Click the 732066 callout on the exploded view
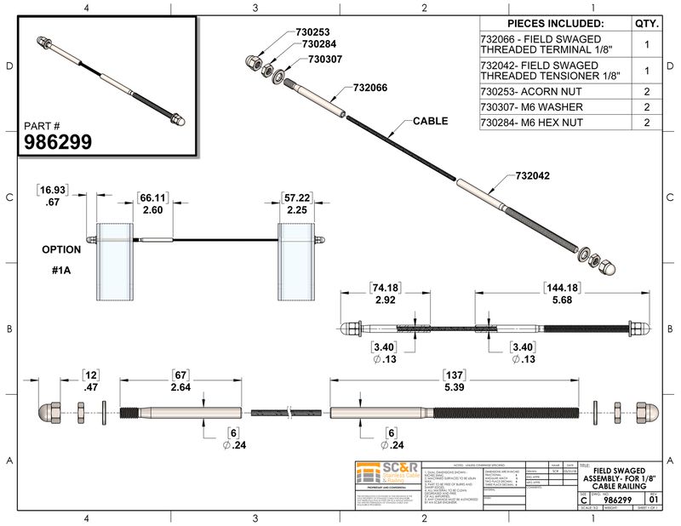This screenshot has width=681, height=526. tap(363, 87)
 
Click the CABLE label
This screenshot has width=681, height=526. tap(431, 122)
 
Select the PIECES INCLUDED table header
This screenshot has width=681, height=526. tap(555, 23)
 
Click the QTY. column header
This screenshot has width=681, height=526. tap(646, 23)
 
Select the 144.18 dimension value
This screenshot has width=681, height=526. tap(562, 289)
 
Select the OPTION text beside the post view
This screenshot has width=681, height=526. tap(61, 250)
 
